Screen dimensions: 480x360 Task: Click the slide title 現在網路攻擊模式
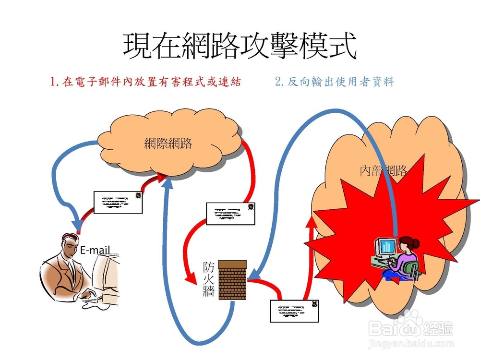240,46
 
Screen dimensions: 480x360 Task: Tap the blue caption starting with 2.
335,82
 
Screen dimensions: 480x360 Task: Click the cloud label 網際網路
168,143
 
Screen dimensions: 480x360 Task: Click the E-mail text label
95,250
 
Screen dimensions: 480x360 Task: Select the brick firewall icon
232,280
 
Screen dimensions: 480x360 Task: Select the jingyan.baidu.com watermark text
410,344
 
